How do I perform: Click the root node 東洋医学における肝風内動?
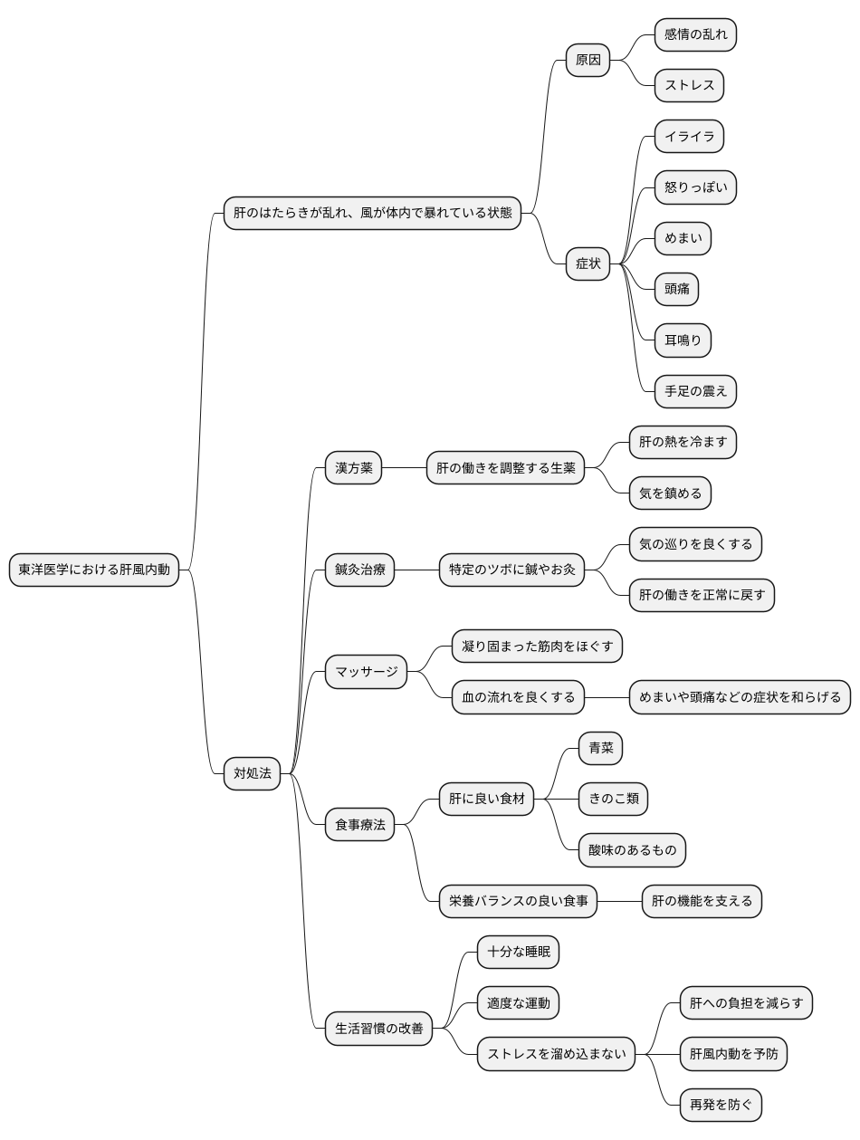coord(93,570)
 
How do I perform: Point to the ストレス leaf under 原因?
coord(688,85)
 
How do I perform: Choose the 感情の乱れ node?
coord(694,34)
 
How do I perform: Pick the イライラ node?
coord(688,136)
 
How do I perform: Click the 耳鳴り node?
coord(682,340)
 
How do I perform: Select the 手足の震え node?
coord(694,391)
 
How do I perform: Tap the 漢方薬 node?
coord(353,467)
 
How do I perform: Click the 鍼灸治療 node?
coord(359,570)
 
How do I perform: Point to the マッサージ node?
coord(366,672)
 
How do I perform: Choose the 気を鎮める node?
coord(670,493)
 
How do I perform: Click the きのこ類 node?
coord(613,799)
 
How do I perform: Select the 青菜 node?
coord(600,748)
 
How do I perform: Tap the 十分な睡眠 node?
coord(518,952)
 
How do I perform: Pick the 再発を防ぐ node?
coord(720,1105)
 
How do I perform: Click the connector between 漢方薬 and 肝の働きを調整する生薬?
coord(404,467)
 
